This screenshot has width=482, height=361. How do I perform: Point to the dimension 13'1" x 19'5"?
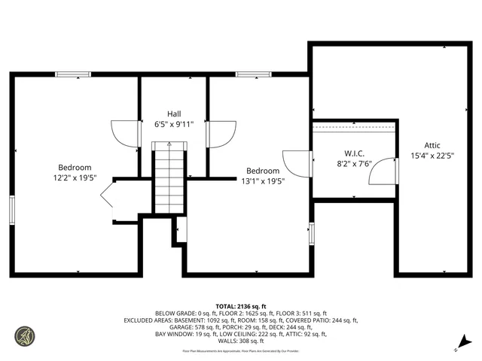[263, 181]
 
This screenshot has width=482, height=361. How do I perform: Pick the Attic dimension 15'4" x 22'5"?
[432, 156]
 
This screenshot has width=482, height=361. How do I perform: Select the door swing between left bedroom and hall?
[127, 133]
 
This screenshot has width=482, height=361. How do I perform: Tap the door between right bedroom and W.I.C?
[297, 163]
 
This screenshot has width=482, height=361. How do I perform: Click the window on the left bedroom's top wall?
[73, 74]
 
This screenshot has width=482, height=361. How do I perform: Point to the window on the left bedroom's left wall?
[12, 209]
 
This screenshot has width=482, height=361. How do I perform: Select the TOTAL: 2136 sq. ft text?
[241, 307]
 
